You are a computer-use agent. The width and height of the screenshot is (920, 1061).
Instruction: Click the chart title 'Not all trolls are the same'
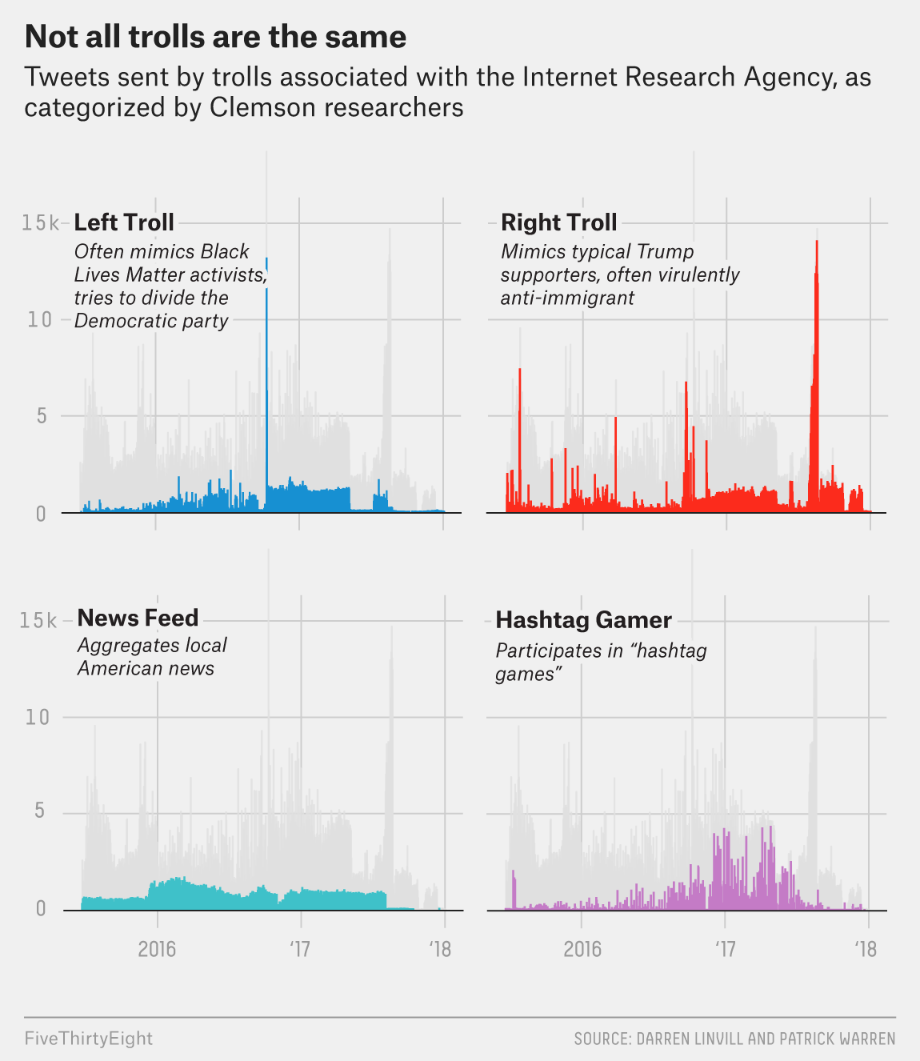215,37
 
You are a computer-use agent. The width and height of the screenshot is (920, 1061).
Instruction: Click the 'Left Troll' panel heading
124,222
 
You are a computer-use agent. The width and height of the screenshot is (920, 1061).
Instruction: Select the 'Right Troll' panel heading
558,222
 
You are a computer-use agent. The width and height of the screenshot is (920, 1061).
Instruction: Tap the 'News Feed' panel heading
138,618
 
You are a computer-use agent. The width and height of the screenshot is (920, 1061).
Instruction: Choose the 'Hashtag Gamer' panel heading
583,620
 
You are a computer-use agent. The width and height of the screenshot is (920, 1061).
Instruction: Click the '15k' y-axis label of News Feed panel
38,621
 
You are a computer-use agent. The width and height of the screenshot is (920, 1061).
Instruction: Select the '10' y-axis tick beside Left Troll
39,320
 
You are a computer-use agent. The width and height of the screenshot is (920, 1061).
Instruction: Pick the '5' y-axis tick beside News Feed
39,812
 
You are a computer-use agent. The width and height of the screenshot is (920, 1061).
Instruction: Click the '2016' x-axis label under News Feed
157,949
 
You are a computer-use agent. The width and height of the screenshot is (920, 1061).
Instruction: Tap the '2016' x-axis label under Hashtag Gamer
582,949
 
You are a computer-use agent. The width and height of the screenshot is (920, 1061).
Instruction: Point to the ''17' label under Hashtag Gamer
725,949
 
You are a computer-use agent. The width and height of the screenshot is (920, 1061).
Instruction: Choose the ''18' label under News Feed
441,949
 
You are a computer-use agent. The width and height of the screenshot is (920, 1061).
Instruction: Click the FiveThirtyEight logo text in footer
88,1039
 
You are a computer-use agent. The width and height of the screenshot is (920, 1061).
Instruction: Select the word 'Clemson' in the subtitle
260,107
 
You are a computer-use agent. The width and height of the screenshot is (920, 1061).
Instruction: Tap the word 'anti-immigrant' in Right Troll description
567,298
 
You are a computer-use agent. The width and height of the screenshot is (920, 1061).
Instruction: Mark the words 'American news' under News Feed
146,668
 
